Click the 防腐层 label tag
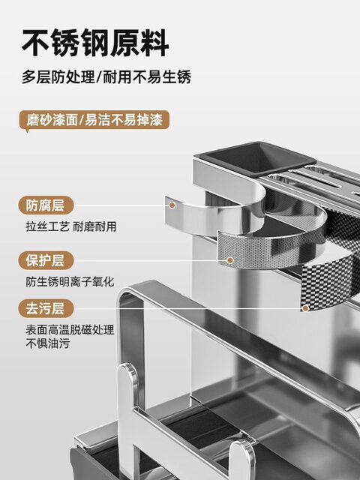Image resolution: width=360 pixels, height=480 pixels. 44,205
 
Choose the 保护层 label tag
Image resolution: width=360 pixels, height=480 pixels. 44,260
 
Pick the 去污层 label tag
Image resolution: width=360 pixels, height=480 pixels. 44,307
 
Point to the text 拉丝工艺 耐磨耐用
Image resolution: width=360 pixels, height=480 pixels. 71,226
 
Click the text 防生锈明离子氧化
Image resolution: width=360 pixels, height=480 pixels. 69,281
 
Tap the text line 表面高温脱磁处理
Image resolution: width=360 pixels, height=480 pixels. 69,329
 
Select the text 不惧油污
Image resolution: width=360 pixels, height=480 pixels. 46,343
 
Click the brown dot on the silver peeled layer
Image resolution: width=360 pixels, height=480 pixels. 172,205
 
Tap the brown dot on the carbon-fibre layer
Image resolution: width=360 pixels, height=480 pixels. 304,307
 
